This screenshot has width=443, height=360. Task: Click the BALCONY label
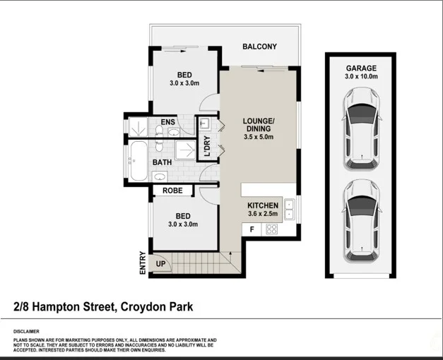point(259,47)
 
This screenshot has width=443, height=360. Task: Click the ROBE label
point(173,191)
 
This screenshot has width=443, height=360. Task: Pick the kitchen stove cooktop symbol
point(271,229)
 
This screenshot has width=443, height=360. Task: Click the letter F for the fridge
point(251,229)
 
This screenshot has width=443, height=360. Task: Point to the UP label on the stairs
point(160,264)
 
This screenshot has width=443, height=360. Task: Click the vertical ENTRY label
point(142,263)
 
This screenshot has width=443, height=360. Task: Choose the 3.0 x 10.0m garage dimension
point(361,76)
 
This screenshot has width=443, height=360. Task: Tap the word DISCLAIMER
point(26,331)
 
